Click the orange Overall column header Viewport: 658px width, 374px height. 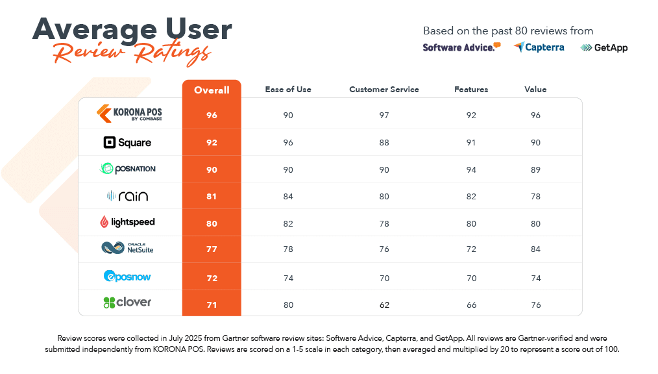click(x=212, y=90)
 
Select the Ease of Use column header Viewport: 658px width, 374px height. click(x=288, y=90)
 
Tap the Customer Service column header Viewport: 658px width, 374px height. click(x=384, y=90)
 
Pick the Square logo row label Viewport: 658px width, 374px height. click(x=127, y=142)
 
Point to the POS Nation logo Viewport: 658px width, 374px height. click(x=127, y=169)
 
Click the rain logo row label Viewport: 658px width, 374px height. click(x=127, y=195)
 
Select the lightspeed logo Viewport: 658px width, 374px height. click(x=127, y=222)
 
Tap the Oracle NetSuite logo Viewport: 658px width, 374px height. click(x=127, y=248)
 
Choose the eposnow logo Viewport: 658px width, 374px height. click(x=127, y=276)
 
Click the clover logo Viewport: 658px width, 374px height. click(x=127, y=302)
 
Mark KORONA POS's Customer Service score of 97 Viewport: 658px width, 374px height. click(x=384, y=116)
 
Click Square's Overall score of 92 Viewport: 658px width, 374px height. click(x=212, y=143)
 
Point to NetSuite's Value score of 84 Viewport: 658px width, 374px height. click(x=535, y=250)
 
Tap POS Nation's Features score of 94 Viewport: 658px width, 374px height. click(x=471, y=170)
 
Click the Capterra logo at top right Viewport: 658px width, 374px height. click(x=539, y=47)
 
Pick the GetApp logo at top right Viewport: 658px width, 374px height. click(x=604, y=47)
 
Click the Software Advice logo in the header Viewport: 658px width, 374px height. click(x=461, y=47)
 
